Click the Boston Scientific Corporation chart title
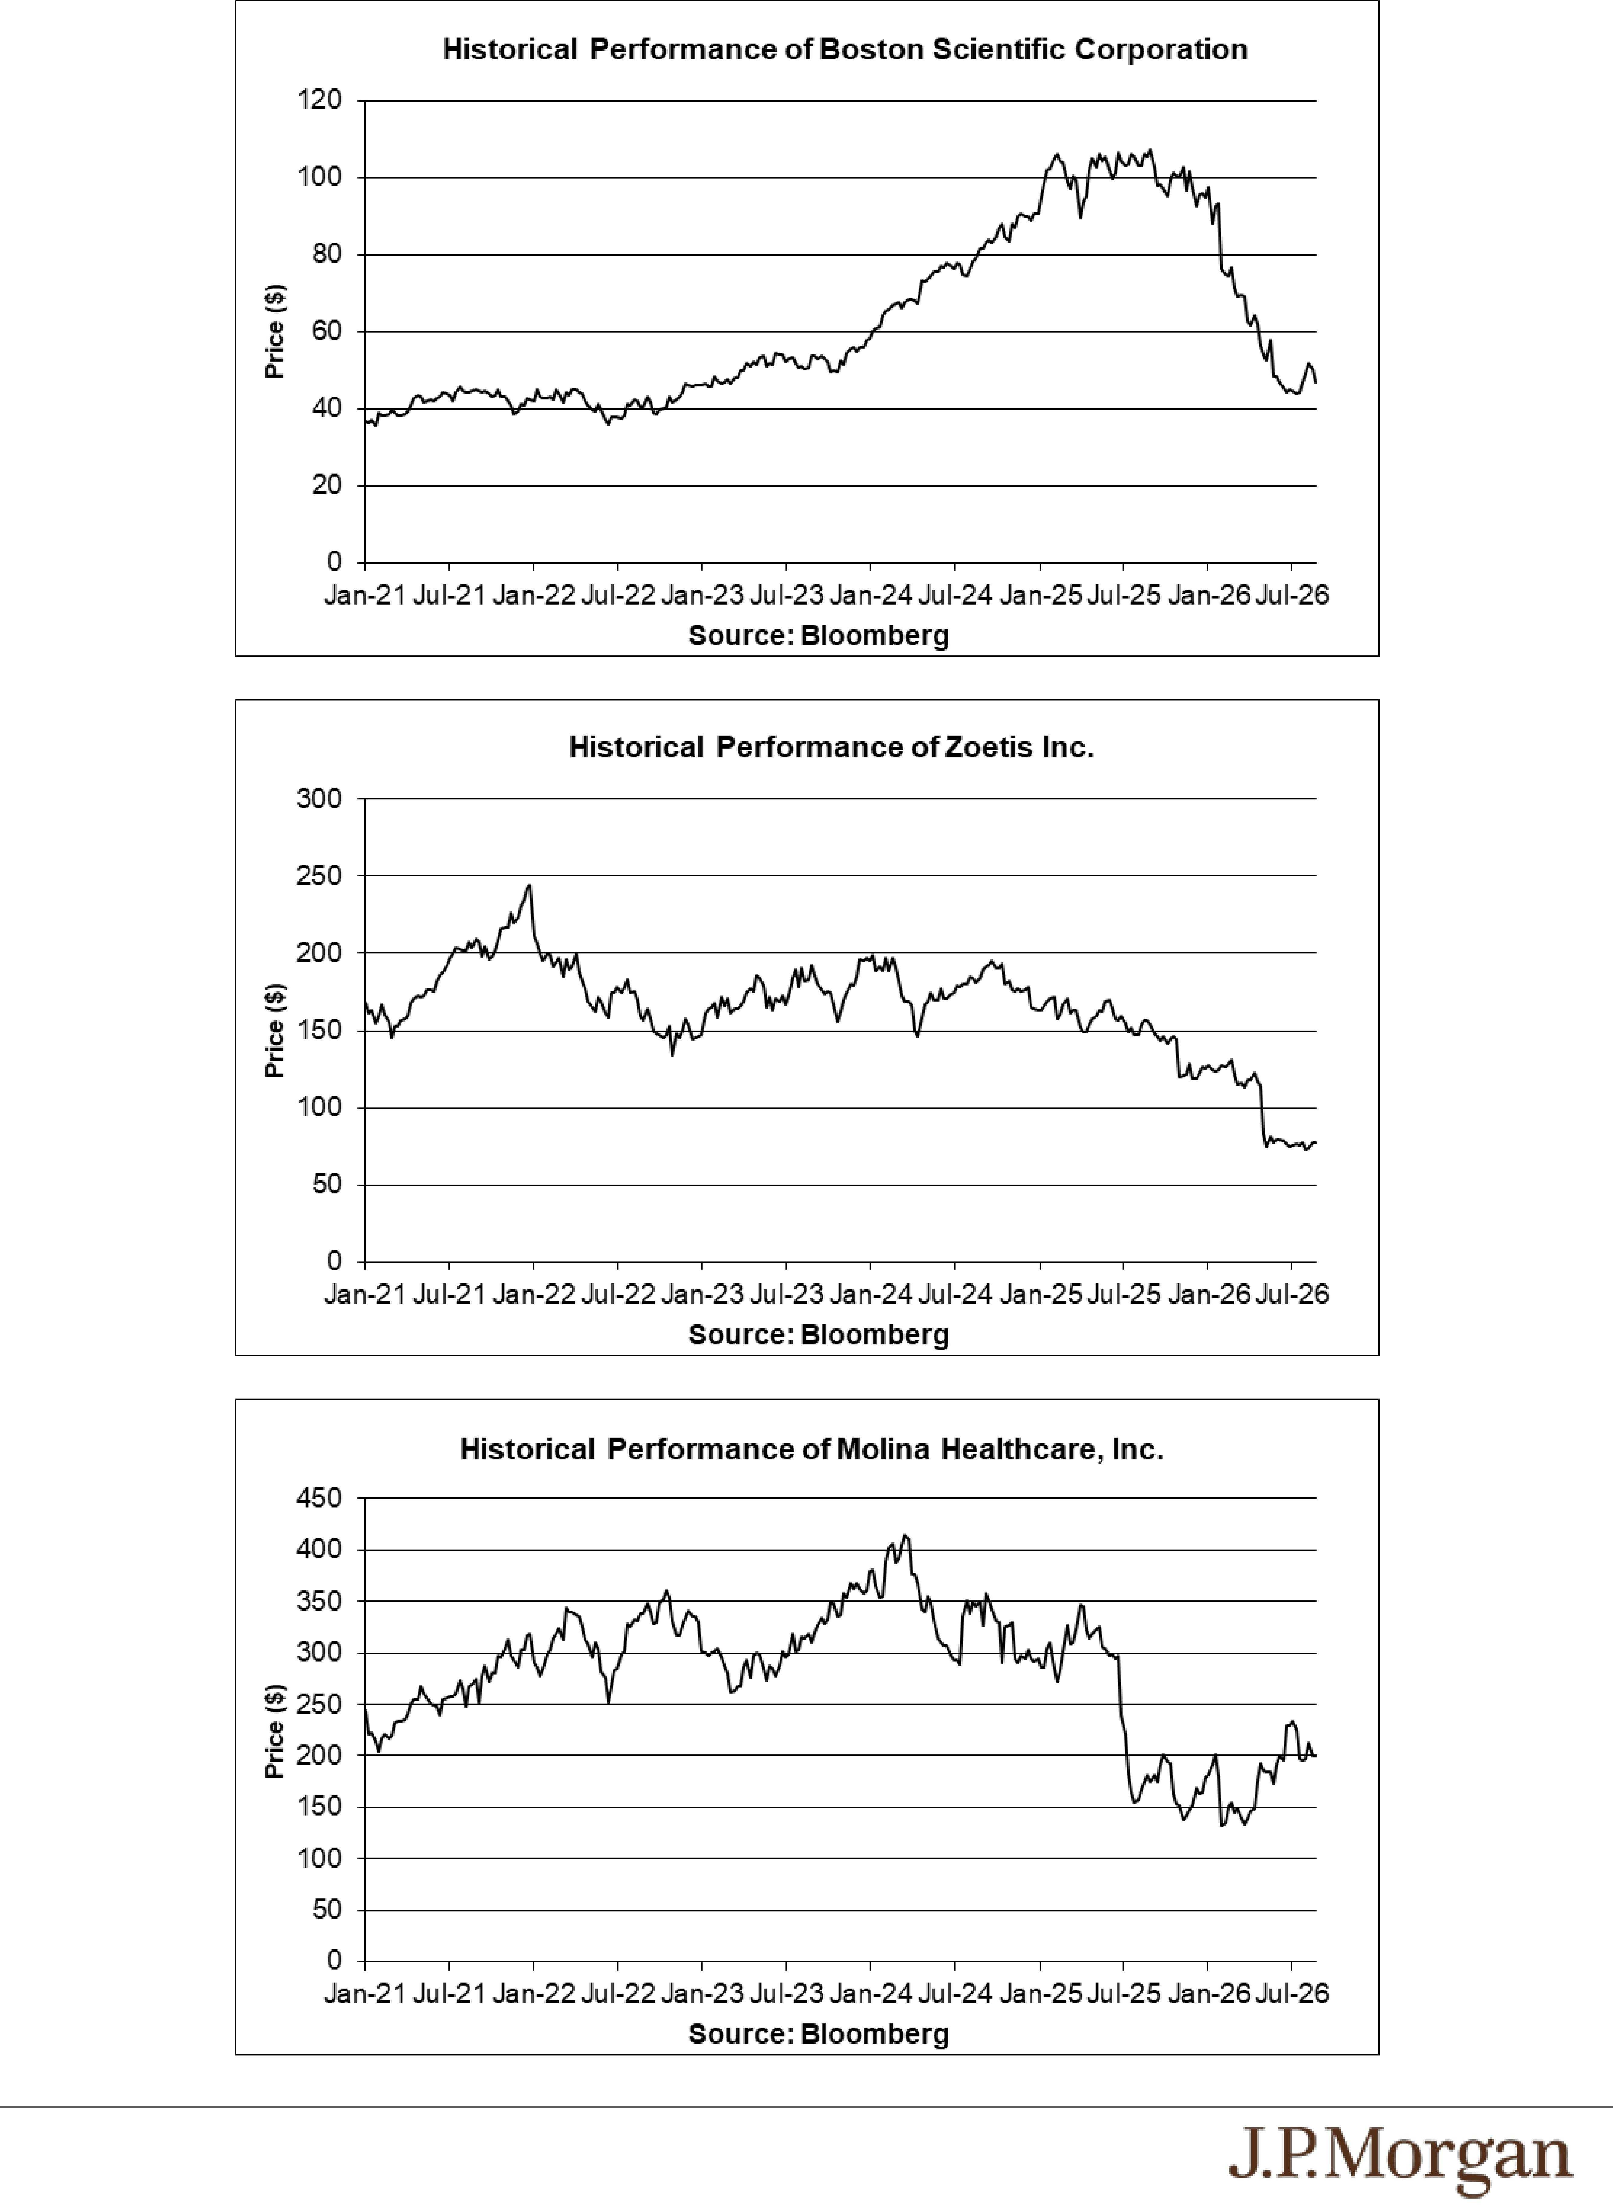(844, 50)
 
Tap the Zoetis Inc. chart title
(831, 748)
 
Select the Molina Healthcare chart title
(811, 1450)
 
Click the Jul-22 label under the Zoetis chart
(617, 1294)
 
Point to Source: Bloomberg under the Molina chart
(818, 2034)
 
